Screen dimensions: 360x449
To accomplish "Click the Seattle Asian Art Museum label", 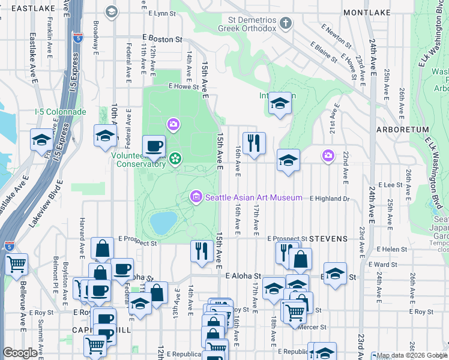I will (x=254, y=197).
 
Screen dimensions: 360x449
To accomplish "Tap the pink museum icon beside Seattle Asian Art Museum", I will (x=196, y=197).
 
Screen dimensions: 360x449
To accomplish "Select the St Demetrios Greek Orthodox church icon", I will (x=286, y=24).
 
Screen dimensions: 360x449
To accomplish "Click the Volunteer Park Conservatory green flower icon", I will (x=175, y=158).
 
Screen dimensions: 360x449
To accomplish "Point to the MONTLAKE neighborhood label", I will (x=366, y=13).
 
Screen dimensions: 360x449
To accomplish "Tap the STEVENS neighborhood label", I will (x=330, y=239).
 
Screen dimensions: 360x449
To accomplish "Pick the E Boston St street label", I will (x=162, y=39).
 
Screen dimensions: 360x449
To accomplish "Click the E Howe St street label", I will (x=183, y=86).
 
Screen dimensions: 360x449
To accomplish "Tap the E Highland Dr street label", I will (x=329, y=199).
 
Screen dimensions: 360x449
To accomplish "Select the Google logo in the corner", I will (x=20, y=353).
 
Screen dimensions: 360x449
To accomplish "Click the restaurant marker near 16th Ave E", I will (x=254, y=143).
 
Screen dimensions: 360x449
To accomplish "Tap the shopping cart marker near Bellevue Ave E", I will (x=16, y=263).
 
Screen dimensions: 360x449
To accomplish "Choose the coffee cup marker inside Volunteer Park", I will (x=154, y=145).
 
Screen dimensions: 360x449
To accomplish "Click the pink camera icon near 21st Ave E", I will (x=328, y=156).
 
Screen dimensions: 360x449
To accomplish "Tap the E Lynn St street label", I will (x=155, y=13).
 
